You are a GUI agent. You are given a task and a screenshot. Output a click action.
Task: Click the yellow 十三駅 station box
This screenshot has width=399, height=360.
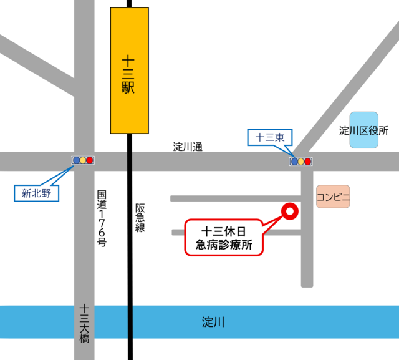point(130,71)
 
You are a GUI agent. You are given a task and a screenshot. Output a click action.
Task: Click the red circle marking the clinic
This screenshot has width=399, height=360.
point(289,212)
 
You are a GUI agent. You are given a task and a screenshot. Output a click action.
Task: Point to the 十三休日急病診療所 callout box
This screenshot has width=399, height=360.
point(224,236)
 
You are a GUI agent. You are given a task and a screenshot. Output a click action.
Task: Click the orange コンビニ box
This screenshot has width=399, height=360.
point(334,197)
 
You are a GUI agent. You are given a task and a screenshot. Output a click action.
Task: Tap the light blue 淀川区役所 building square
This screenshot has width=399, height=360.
point(363,130)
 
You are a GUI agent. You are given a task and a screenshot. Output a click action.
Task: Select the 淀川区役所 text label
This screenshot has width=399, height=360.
point(364,131)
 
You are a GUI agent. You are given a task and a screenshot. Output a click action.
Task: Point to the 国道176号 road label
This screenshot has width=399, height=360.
point(102,218)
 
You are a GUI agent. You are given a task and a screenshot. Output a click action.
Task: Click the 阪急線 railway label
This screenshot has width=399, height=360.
point(140,218)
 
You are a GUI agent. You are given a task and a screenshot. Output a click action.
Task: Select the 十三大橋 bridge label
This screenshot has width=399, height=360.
point(85,324)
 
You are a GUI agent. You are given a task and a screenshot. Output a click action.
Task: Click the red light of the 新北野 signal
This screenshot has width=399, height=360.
point(90,160)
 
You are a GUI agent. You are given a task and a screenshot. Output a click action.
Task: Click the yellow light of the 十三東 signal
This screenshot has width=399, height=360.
point(301,162)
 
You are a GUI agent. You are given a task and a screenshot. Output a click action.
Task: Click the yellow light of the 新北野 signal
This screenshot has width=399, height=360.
point(83,160)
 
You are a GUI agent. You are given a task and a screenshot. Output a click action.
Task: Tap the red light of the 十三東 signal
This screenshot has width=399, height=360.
point(308,162)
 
